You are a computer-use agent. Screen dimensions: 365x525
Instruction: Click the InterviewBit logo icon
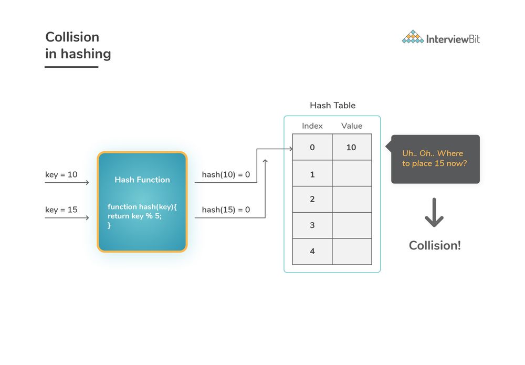click(413, 37)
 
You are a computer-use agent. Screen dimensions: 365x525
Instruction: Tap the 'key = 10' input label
click(61, 174)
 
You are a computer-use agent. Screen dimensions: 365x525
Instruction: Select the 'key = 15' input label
click(61, 210)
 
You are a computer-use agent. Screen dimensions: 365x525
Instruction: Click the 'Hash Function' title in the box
click(142, 180)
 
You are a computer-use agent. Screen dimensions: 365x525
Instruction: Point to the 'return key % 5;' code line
click(135, 216)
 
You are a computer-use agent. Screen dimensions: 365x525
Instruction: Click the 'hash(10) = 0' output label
click(226, 174)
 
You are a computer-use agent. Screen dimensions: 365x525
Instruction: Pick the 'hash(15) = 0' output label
click(226, 210)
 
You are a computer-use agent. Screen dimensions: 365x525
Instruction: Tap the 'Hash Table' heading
click(332, 106)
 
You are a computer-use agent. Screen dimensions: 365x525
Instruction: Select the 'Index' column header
click(312, 126)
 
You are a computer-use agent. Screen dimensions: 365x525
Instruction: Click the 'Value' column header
click(352, 126)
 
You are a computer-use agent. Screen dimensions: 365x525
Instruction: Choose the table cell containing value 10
click(352, 148)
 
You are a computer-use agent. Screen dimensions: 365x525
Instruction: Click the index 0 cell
click(312, 148)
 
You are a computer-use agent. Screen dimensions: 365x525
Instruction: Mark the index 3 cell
click(312, 225)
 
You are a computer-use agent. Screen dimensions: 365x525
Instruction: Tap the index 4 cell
click(312, 252)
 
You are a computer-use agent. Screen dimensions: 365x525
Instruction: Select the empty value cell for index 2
click(352, 199)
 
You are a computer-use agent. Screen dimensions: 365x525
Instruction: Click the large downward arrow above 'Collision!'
click(434, 212)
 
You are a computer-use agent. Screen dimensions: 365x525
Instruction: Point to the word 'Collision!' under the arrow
click(435, 245)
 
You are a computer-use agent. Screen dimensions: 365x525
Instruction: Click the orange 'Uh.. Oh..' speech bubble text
click(433, 158)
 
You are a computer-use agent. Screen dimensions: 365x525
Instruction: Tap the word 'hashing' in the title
click(86, 54)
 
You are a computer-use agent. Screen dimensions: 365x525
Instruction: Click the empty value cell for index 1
click(352, 174)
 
